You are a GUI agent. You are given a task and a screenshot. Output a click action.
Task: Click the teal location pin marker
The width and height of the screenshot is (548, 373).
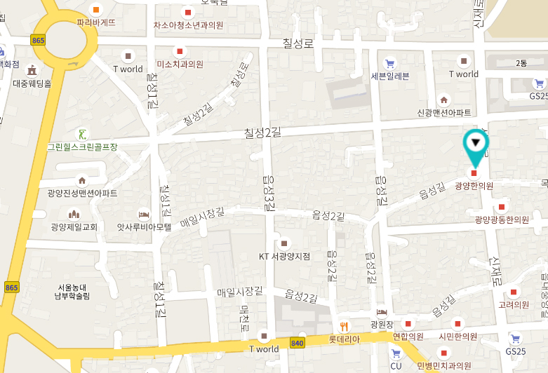476,145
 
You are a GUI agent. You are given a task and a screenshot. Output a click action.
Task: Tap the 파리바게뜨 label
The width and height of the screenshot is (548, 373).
96,22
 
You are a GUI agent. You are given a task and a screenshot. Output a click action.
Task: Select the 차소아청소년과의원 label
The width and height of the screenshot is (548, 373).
188,25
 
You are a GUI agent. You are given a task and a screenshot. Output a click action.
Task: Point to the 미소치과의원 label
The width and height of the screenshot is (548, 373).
180,64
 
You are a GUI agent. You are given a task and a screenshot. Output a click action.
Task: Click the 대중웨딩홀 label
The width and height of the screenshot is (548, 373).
32,83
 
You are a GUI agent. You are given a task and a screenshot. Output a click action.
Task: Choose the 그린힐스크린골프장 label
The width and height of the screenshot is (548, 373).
82,147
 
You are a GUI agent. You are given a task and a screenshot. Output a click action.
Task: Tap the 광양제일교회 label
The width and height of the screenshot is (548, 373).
73,226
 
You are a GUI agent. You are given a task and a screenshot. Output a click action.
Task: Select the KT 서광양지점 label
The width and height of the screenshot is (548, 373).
284,256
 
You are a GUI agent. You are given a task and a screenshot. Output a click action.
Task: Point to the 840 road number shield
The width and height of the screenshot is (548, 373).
297,343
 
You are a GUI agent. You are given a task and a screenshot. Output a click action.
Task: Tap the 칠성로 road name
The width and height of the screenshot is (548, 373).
298,43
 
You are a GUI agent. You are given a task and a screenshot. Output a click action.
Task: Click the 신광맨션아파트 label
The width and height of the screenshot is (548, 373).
443,112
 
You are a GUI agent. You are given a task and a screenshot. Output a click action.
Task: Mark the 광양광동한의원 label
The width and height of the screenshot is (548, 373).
502,219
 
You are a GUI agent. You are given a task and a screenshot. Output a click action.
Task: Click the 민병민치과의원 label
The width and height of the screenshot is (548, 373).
443,365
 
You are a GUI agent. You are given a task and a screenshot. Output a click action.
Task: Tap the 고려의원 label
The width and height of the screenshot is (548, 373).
514,304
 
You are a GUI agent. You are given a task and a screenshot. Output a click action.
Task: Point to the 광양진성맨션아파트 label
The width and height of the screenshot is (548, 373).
82,193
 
